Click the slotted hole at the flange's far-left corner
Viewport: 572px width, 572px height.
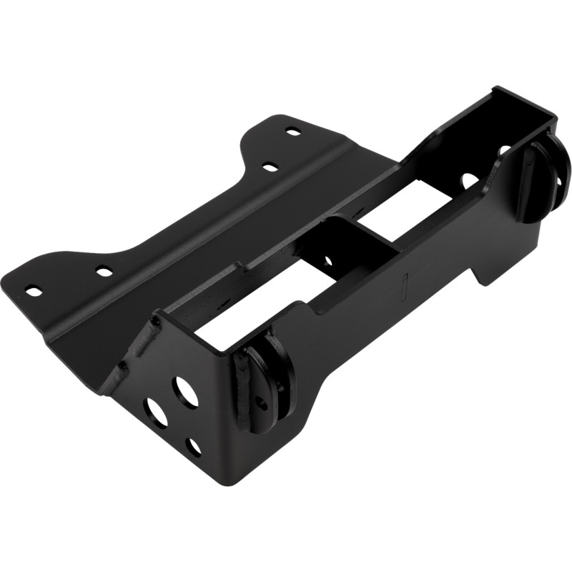(32, 290)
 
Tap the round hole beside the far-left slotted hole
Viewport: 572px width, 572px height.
(104, 272)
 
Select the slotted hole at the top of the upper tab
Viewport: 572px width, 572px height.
(292, 132)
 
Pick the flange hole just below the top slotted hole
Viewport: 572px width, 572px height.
(270, 167)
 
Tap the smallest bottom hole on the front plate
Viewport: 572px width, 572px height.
(194, 448)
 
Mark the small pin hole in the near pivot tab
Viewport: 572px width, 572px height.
(262, 403)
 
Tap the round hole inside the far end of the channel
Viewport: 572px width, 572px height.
(468, 178)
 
